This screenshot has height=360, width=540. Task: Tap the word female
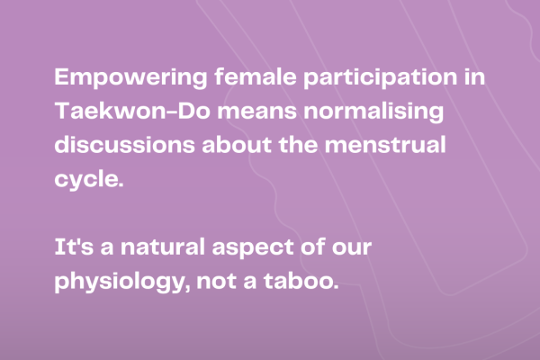coord(256,76)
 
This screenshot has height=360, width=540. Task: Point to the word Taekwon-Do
coord(132,110)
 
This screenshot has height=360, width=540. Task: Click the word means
coord(256,112)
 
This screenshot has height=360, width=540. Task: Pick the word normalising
coord(373,112)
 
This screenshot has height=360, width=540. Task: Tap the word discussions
coord(125,144)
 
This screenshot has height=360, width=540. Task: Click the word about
coord(237,144)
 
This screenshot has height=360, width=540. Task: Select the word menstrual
coord(385,144)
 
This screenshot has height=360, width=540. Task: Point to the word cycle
coord(88,179)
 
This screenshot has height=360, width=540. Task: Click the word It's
coord(74,247)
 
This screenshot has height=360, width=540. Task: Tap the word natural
coord(163,247)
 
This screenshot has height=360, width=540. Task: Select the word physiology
coord(122,282)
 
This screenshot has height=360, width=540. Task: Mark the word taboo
coord(301,281)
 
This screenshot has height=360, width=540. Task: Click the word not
coord(217,282)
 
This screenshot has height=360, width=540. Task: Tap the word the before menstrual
coord(298,144)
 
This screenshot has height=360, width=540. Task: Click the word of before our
coord(312,247)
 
